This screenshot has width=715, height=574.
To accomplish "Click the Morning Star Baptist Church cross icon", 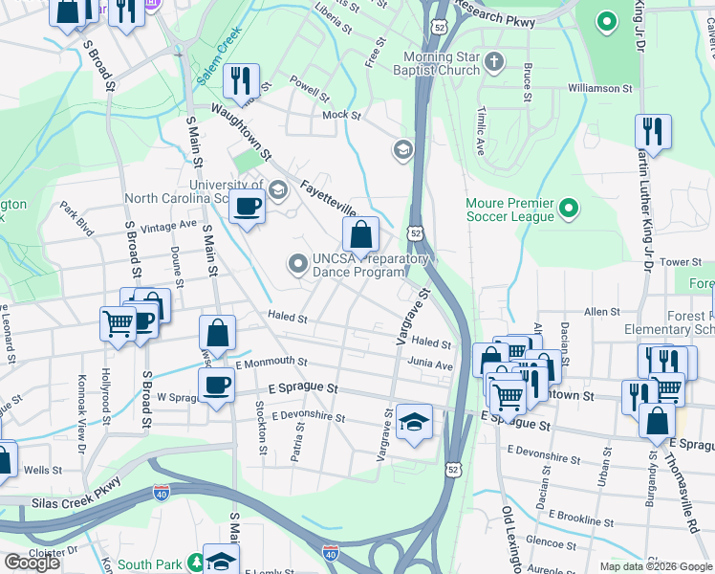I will coord(493,63).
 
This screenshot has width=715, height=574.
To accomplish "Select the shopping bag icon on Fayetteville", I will coord(360,233).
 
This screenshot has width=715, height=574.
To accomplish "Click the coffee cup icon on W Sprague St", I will coord(216,385).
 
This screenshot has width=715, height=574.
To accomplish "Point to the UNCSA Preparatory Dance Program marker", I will coord(298,262).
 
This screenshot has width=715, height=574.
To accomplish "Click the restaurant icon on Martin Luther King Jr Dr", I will coord(653,131).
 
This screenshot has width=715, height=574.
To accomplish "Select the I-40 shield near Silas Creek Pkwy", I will coord(162,494).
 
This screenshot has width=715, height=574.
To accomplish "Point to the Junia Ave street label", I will coord(430,364).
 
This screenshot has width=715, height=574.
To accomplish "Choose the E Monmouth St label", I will coord(271,363).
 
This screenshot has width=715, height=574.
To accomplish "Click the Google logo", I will coord(32,563).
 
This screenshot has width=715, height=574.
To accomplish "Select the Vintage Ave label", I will coord(167,227).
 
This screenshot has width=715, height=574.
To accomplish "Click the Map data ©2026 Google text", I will coord(657,566).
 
